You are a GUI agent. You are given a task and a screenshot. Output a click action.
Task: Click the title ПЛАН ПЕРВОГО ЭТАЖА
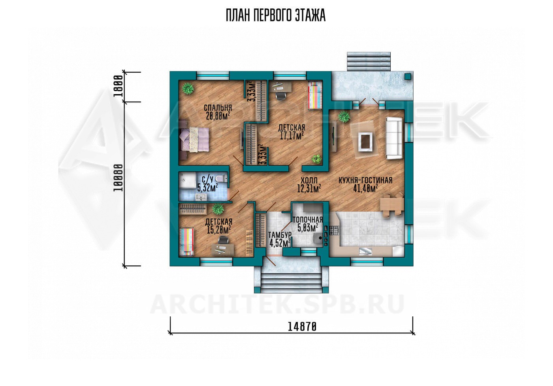point(276,16)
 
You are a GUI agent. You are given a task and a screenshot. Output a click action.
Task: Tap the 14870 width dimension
point(302,327)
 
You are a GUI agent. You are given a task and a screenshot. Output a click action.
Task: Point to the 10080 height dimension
point(118,177)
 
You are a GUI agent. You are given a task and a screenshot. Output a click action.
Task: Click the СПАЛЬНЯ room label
point(218,108)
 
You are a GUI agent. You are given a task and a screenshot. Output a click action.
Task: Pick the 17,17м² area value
point(292,136)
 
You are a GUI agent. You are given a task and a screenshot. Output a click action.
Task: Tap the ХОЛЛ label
point(309,180)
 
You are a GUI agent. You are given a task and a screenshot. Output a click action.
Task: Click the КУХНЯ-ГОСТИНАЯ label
point(365,180)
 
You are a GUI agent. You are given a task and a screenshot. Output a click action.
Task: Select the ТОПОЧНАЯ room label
point(308,219)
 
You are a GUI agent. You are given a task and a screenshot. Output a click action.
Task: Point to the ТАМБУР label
point(280,234)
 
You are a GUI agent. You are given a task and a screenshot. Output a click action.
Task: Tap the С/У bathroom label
point(208,179)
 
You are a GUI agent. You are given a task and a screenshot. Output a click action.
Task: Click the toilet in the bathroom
point(221,178)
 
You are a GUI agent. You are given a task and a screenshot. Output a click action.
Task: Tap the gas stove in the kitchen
point(335,231)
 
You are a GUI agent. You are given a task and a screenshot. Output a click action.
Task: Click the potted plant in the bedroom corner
point(188,88)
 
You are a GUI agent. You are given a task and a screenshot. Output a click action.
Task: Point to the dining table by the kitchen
point(391,204)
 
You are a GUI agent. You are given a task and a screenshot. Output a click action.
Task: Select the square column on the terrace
point(408,76)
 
